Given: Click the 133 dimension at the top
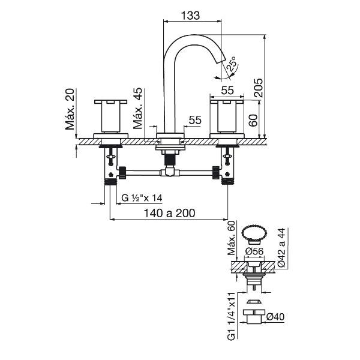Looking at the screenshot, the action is tap(190, 16).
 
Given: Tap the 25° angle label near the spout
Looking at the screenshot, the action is tap(232, 64).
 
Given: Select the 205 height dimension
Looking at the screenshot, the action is tap(258, 88).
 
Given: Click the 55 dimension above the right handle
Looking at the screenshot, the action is tap(227, 90).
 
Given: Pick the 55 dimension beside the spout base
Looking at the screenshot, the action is tap(195, 120).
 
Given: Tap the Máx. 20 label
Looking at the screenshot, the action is tap(70, 109).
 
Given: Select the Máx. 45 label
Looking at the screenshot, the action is tap(138, 109).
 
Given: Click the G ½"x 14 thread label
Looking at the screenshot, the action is tap(142, 197).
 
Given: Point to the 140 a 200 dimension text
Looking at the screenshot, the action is tap(169, 213).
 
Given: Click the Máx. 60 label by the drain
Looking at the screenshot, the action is tap(232, 238).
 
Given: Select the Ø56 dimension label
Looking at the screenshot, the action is tap(254, 251).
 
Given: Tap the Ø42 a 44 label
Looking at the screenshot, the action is tap(281, 247).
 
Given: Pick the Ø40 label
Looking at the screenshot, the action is tap(275, 317).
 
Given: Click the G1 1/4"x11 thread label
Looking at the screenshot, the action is tap(232, 316).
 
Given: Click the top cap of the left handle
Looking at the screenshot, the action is tap(110, 102).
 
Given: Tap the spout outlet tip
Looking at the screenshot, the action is tap(221, 61).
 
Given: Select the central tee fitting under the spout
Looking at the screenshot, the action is tap(169, 171).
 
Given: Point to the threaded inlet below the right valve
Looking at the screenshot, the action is tap(227, 181).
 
